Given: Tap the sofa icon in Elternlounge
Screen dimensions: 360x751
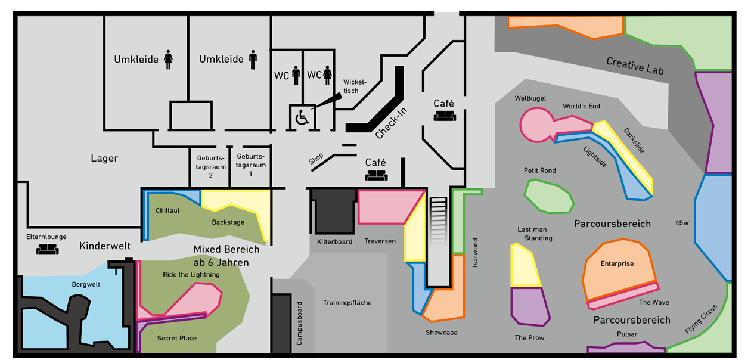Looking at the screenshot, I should coord(47,249).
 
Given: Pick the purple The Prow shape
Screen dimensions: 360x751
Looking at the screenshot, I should coord(530,306).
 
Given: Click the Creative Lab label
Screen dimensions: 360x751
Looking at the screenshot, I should coord(635,66).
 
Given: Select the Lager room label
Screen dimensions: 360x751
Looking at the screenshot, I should coord(104,159).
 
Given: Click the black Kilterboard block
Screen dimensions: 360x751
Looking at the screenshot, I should coord(335,212).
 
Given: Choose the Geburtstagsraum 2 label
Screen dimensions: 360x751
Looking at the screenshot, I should coord(211,167).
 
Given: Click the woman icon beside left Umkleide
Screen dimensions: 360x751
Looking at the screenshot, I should coord(169,60).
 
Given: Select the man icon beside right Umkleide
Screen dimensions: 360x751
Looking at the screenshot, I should coord(253,59).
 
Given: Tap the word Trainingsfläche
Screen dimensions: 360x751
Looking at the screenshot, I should coord(347,303).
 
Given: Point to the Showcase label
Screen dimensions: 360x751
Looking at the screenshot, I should coord(441,333).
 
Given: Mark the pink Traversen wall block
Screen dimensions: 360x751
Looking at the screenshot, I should coord(384,206).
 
